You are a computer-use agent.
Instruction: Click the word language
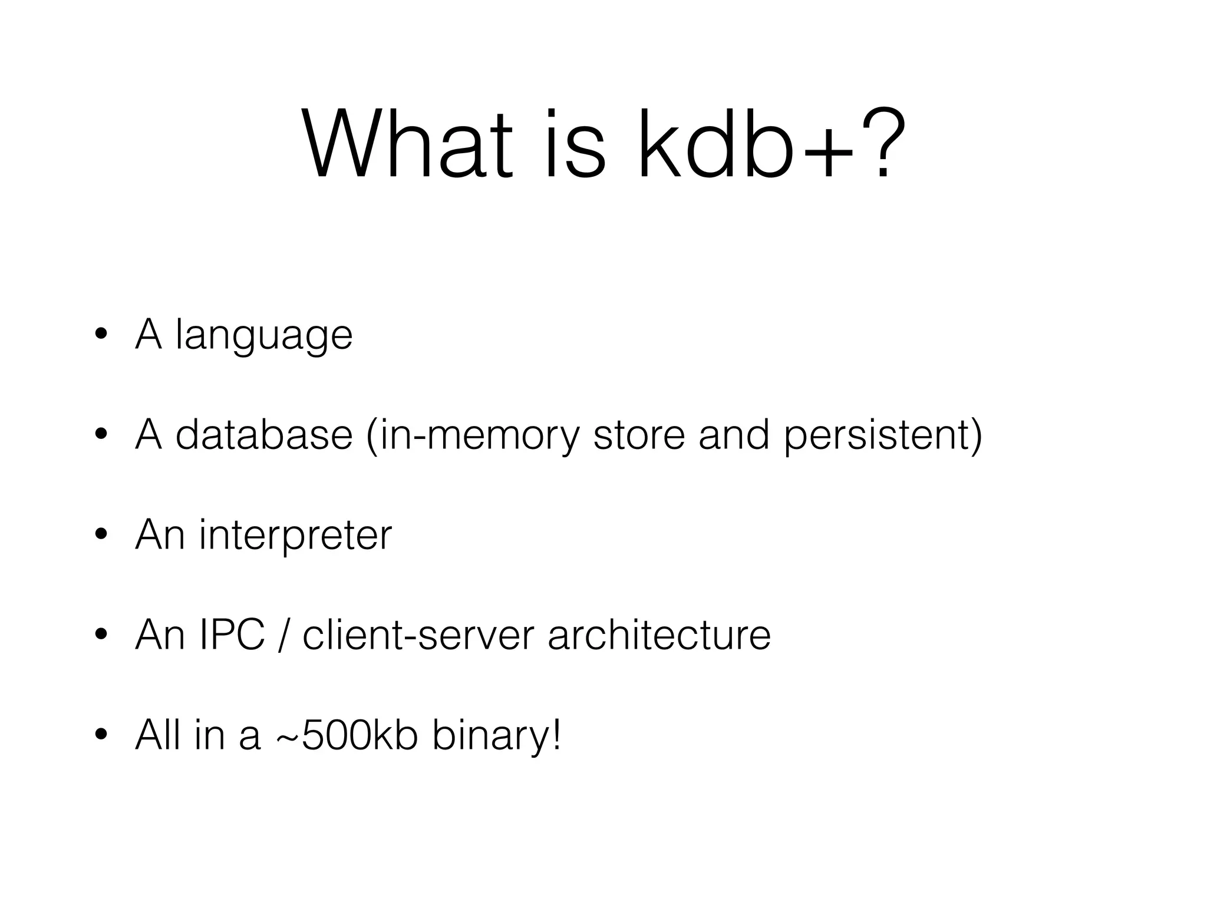point(264,336)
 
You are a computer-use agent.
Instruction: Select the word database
point(264,436)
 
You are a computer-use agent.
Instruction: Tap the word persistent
point(878,436)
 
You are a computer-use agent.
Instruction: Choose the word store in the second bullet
point(639,436)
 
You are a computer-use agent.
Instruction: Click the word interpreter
point(295,536)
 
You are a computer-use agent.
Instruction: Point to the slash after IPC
point(284,636)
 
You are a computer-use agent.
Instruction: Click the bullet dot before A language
point(101,336)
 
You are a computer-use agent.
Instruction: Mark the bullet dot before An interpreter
point(101,536)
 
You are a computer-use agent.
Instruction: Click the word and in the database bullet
point(734,436)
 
